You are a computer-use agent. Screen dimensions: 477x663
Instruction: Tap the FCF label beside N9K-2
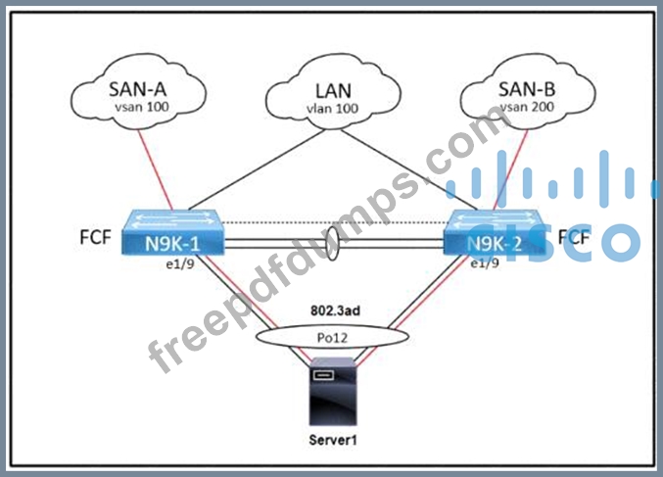coord(575,237)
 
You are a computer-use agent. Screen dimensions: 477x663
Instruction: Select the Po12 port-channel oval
coord(333,336)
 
